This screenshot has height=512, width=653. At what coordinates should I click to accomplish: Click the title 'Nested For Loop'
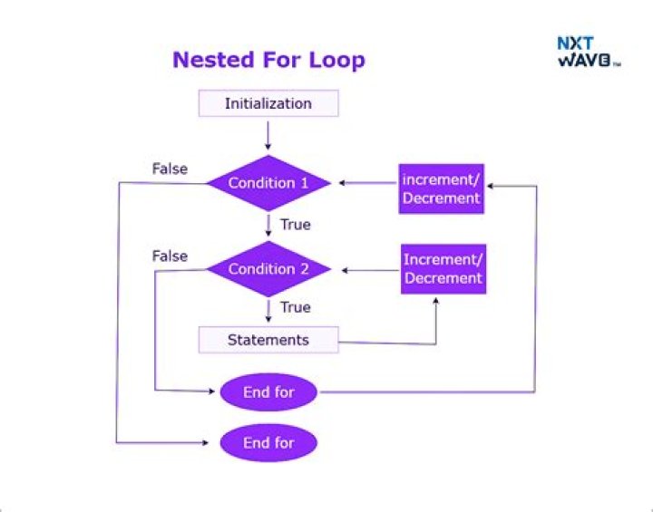(x=268, y=61)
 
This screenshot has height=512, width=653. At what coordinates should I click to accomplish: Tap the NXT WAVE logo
(x=587, y=51)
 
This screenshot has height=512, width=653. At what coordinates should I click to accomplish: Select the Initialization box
(x=268, y=103)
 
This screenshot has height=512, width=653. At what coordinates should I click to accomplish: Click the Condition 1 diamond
(x=268, y=183)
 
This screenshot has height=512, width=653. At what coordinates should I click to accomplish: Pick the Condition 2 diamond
(x=268, y=269)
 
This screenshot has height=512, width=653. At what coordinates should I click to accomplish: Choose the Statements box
(x=268, y=341)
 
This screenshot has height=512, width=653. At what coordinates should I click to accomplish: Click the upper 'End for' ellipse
(x=268, y=392)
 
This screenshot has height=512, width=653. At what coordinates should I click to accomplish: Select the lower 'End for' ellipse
(x=268, y=443)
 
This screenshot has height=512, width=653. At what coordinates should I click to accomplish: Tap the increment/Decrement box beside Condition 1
(x=441, y=188)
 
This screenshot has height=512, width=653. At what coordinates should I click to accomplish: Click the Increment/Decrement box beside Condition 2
(x=443, y=269)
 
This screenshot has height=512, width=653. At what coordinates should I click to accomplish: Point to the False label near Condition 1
(x=170, y=169)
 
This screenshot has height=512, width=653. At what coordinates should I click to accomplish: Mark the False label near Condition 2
(x=170, y=256)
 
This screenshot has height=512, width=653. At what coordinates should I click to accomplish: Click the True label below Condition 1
(x=295, y=224)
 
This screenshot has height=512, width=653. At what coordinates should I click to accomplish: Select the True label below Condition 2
(x=295, y=307)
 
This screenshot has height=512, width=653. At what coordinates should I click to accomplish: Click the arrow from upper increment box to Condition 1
(x=367, y=183)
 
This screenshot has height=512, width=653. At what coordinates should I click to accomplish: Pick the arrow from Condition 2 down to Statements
(x=268, y=310)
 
